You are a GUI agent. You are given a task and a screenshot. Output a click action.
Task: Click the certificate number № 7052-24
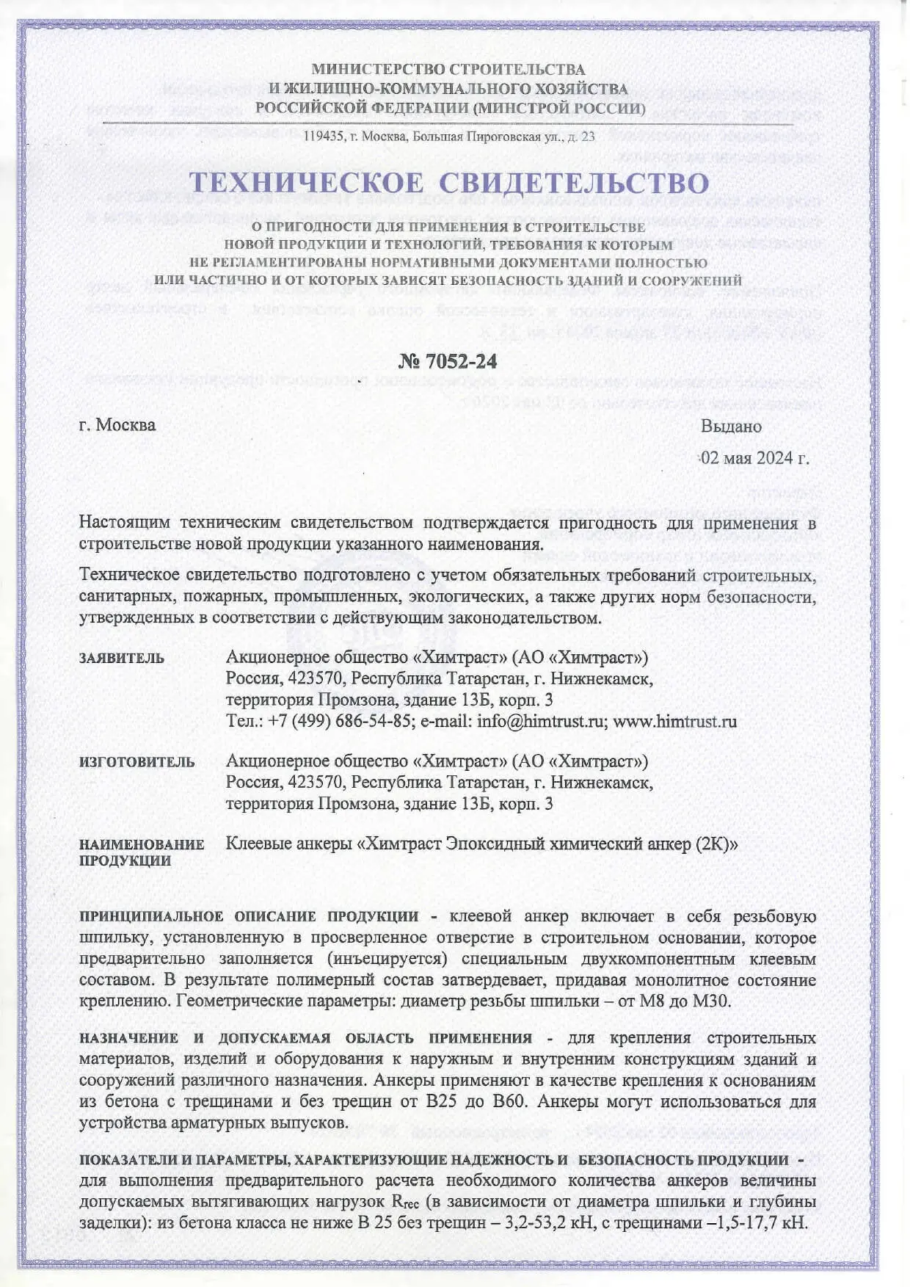pos(448,361)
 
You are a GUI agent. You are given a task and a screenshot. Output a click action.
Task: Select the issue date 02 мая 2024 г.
pos(755,458)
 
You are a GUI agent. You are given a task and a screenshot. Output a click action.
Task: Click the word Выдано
pos(731,426)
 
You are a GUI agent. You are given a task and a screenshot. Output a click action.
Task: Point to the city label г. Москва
pos(117,425)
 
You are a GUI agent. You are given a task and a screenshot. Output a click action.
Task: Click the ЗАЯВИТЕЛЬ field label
pos(122,658)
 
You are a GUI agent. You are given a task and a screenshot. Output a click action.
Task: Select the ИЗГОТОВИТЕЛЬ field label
pos(137,761)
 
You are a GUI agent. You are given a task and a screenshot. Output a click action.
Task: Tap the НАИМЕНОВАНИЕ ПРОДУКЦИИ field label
pos(142,852)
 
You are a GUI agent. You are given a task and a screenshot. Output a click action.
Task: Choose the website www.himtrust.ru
pos(674,721)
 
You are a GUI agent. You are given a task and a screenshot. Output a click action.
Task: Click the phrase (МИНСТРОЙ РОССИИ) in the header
pos(558,109)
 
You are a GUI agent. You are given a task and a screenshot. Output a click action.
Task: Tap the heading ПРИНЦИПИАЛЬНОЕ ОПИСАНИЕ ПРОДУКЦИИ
pos(249,916)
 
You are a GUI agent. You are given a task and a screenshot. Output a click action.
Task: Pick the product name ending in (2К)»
pos(481,844)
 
